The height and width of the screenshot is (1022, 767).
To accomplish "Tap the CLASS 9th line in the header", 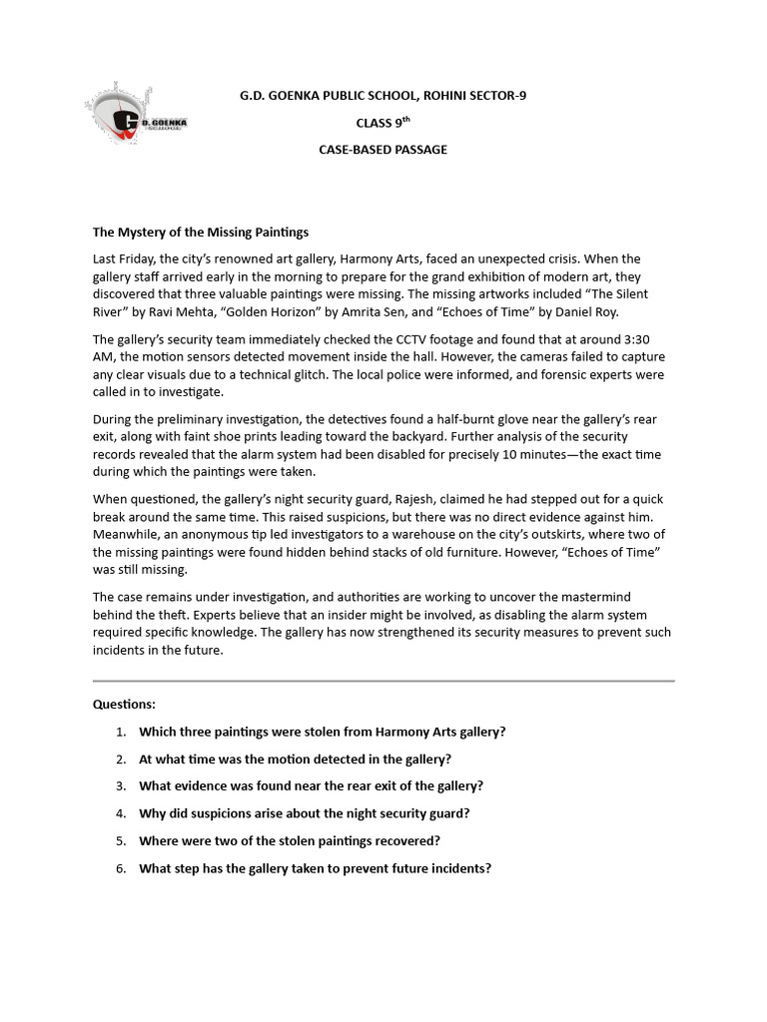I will coord(383,123).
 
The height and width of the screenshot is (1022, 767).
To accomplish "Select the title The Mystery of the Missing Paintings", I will coord(201,232).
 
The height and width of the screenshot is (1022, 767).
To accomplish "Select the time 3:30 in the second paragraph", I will coord(650,339).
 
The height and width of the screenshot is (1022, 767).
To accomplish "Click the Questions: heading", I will coord(124,704).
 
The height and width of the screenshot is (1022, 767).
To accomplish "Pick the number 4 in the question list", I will coord(120,813).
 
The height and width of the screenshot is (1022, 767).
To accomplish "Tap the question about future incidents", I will coord(315,868).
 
